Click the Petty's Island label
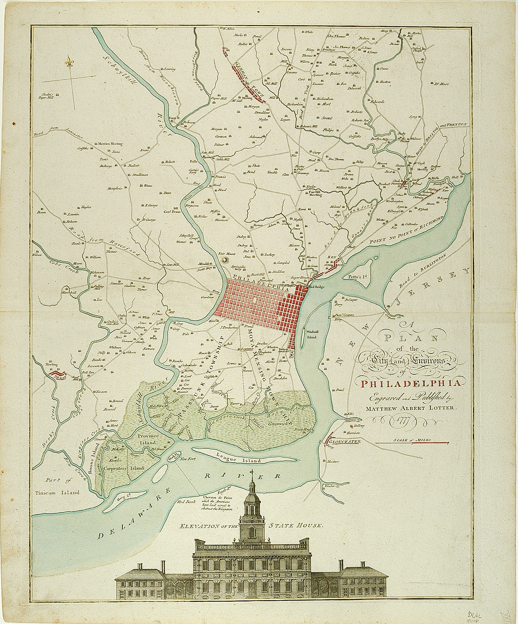pyautogui.click(x=356, y=277)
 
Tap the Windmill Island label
pyautogui.click(x=310, y=334)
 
